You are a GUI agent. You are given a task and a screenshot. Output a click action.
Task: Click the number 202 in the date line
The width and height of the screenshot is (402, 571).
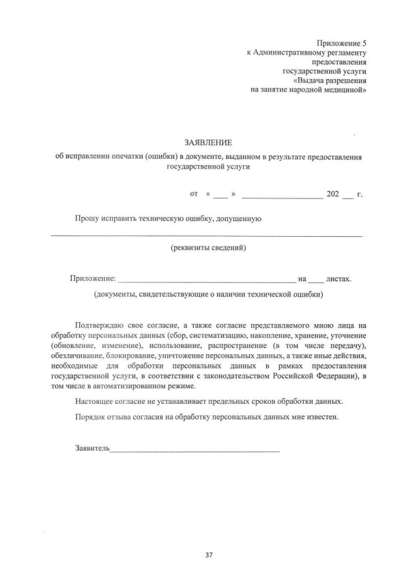point(333,194)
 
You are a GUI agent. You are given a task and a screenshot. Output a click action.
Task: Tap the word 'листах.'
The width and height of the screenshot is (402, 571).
point(339,278)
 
